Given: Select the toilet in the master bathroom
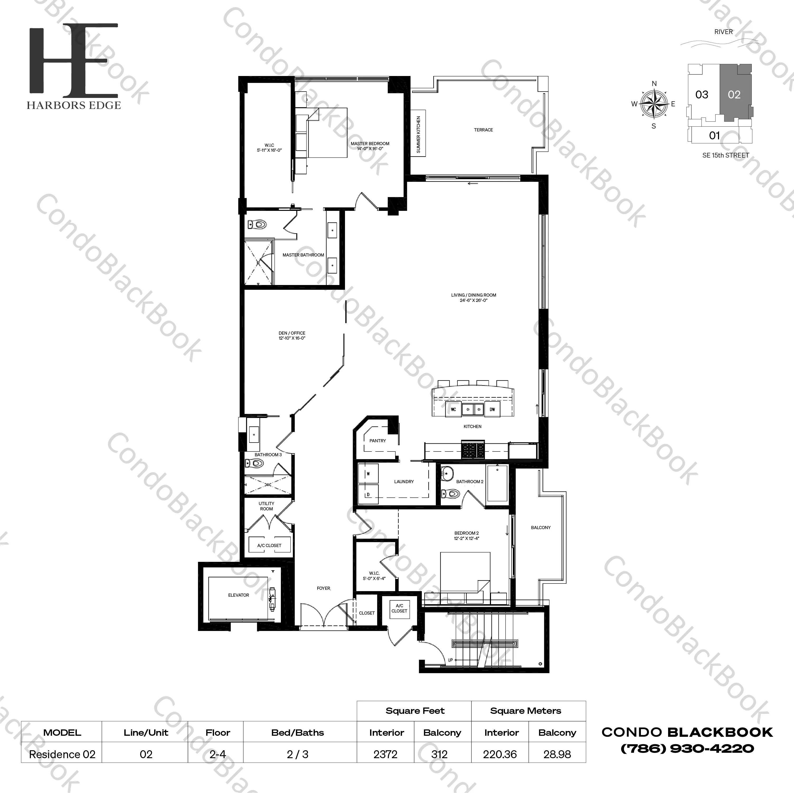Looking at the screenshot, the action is click(x=257, y=224).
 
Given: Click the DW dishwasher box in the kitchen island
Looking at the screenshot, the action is click(x=492, y=409).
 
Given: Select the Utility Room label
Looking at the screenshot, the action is click(x=266, y=506).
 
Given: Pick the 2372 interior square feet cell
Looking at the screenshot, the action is click(x=385, y=754).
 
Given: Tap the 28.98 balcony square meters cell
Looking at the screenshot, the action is click(x=557, y=754).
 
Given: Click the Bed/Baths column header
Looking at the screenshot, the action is click(x=297, y=733).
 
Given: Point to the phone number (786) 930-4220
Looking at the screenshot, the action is click(x=687, y=749).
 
